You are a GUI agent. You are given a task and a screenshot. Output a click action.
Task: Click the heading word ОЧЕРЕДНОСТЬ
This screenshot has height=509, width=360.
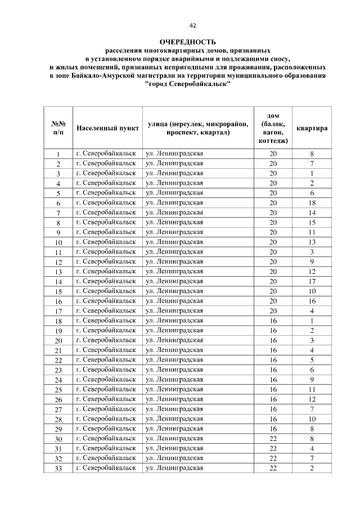pyautogui.click(x=187, y=42)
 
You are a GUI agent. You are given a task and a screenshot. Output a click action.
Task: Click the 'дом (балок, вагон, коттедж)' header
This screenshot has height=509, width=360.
pyautogui.click(x=273, y=128)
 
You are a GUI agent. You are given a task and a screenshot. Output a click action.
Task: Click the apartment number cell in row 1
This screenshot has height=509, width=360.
pyautogui.click(x=312, y=154)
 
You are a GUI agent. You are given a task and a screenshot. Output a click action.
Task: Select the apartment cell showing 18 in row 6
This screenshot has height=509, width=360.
pyautogui.click(x=312, y=202)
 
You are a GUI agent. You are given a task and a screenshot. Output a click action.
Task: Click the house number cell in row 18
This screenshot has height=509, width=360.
pyautogui.click(x=273, y=321)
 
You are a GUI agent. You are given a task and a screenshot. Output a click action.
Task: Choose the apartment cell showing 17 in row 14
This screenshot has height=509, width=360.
pyautogui.click(x=312, y=281)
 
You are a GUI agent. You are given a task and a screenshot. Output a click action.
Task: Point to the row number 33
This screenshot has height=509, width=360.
pyautogui.click(x=58, y=469)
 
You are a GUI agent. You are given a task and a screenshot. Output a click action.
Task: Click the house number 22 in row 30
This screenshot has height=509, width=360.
pyautogui.click(x=273, y=439)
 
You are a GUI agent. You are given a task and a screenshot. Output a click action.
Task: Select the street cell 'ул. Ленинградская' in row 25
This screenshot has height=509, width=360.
pyautogui.click(x=174, y=389)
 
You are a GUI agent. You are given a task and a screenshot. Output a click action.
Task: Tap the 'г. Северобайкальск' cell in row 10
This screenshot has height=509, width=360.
pyautogui.click(x=106, y=242)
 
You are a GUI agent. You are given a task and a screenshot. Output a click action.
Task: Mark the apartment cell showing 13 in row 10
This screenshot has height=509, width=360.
pyautogui.click(x=312, y=242)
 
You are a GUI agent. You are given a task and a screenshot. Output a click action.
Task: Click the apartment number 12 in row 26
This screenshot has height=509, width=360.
pyautogui.click(x=312, y=399)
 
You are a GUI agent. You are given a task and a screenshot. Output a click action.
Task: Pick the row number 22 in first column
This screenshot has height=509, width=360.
pyautogui.click(x=58, y=360)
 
